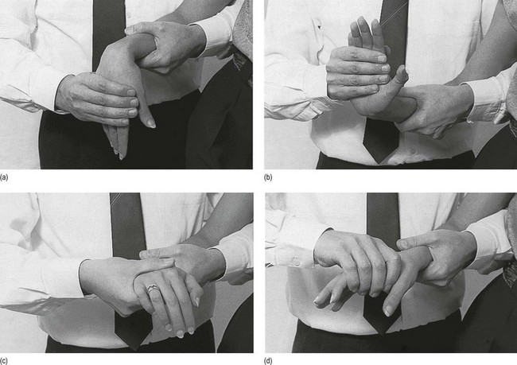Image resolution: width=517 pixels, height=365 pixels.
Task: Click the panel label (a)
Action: [4, 177]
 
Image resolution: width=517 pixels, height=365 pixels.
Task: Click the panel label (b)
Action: [268, 177]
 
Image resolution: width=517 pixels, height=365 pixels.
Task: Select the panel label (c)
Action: [4, 361]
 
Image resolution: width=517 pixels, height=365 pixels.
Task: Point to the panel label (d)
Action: [268, 361]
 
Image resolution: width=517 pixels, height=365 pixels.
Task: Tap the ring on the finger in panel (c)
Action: [154, 288]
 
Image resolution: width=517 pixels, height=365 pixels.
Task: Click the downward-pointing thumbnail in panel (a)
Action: [151, 124]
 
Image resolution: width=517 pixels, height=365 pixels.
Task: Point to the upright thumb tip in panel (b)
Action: [402, 74]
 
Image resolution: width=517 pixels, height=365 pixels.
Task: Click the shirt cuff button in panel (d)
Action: [297, 262]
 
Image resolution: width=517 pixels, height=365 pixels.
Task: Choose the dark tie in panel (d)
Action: [383, 215]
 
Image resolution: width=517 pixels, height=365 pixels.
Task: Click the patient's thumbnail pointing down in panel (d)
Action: [389, 310]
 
